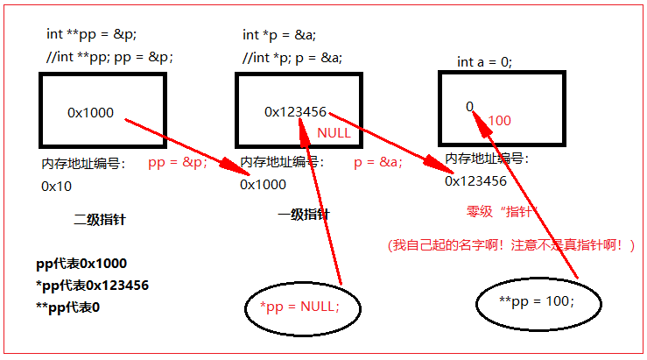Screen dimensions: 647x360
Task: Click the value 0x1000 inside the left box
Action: click(90, 113)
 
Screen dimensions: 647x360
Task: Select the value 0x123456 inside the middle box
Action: click(295, 112)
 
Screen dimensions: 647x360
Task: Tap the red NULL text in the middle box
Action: click(334, 133)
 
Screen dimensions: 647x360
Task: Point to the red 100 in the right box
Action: click(499, 121)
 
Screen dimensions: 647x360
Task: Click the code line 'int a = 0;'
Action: click(484, 62)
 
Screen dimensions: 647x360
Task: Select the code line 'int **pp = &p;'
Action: click(91, 34)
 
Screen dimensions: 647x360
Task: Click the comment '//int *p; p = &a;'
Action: click(292, 58)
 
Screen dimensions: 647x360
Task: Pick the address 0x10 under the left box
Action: click(57, 187)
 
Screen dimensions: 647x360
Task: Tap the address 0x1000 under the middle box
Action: click(263, 185)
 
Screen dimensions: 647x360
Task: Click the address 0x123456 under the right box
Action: click(475, 181)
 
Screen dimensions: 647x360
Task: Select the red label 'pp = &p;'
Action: click(178, 162)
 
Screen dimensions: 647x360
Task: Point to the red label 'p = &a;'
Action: click(378, 162)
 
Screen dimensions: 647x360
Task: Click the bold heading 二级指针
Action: click(100, 219)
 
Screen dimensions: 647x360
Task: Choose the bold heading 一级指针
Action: click(304, 215)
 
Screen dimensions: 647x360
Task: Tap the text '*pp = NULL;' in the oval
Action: click(299, 307)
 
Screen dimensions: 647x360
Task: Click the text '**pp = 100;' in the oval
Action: click(537, 301)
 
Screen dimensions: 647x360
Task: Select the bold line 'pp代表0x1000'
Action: click(81, 264)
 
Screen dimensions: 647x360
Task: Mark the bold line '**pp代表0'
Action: click(67, 307)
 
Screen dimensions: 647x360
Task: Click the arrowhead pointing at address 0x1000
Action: click(233, 166)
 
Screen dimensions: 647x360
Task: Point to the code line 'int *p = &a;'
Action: click(279, 35)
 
